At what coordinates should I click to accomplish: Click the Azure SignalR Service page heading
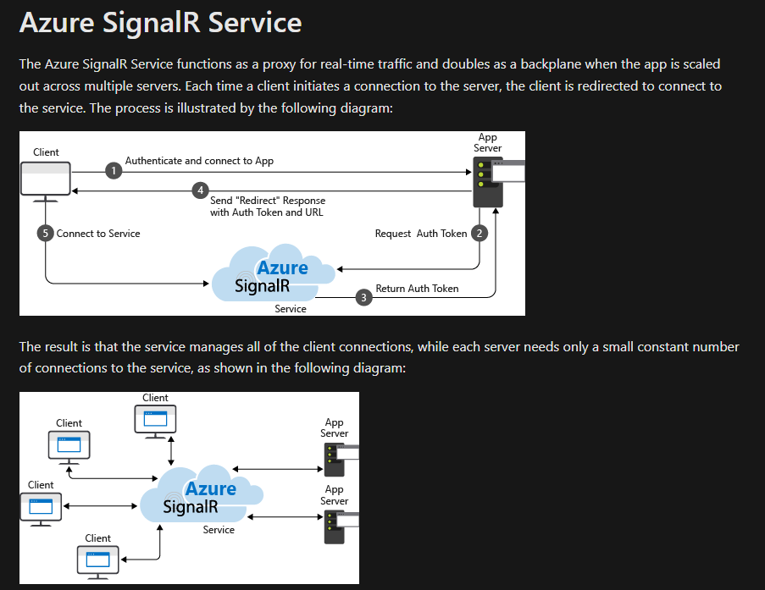tap(160, 23)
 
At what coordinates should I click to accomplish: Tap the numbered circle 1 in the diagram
tap(114, 171)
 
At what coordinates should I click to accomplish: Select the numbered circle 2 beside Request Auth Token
tap(480, 233)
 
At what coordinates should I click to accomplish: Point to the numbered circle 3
tap(364, 297)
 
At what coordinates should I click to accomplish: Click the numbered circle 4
tap(200, 190)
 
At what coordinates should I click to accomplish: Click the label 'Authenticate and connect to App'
tap(199, 161)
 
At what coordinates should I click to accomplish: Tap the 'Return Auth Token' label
tap(417, 289)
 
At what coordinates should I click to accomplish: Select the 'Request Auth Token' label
tap(420, 234)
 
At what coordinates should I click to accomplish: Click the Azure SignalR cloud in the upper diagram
tap(266, 274)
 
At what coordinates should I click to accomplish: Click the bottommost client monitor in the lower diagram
tap(97, 560)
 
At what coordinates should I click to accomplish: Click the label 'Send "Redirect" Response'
tap(267, 201)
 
